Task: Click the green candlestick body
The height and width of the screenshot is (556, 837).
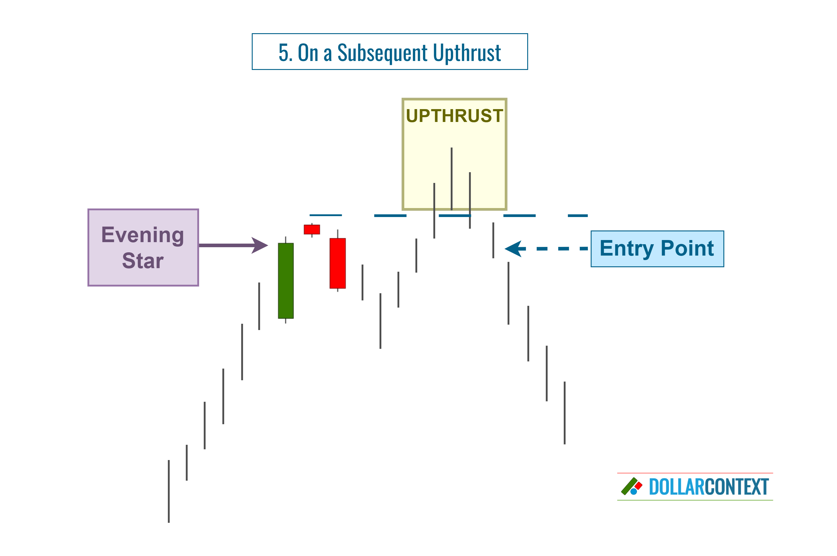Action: point(286,280)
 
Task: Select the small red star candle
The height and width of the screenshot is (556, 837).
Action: point(312,229)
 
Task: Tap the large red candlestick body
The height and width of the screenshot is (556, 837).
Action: point(337,263)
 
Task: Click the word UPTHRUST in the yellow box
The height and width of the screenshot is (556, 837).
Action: point(454,116)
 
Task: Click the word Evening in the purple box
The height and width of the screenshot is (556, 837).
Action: point(143,235)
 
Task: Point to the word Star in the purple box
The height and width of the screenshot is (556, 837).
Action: point(143,261)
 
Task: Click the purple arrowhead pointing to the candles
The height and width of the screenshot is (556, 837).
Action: point(260,245)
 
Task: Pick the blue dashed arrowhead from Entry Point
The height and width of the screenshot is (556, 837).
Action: point(513,249)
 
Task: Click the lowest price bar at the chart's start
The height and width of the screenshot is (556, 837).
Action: point(169,491)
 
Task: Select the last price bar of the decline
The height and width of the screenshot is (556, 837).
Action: point(565,413)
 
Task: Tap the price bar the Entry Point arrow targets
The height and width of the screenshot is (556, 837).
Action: point(493,240)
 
